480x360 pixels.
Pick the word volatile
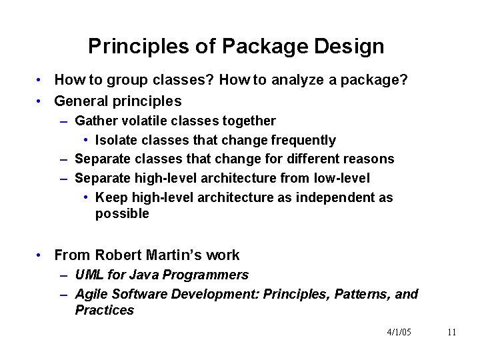point(138,121)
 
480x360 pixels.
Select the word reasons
point(370,159)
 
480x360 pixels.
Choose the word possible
point(122,214)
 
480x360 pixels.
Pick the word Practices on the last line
point(104,311)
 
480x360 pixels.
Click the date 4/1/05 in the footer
point(399,333)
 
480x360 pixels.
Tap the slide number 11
point(451,333)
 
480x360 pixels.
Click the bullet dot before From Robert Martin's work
point(41,255)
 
